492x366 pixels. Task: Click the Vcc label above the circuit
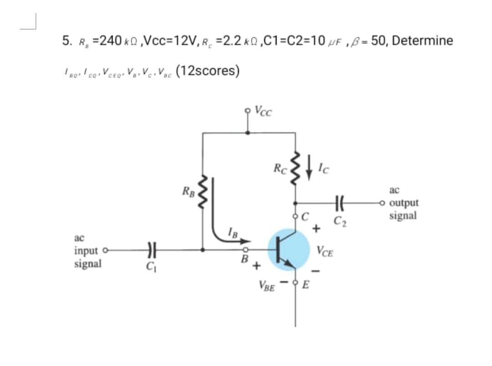coord(265,111)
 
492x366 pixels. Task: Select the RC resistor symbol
coord(297,169)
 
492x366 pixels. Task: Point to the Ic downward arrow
coord(313,170)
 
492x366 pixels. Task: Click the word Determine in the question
coord(422,41)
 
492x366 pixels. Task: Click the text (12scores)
coord(208,71)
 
